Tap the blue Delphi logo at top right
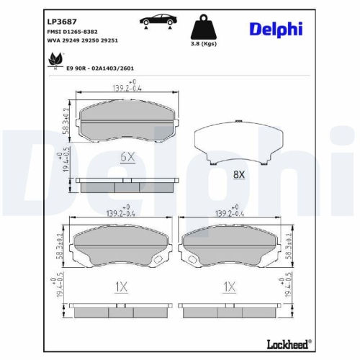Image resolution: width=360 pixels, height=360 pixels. coord(276,30)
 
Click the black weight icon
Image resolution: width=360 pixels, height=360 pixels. coord(203,29)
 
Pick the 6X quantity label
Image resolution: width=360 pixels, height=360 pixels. coord(127,156)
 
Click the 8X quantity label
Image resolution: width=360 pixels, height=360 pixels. coord(239,174)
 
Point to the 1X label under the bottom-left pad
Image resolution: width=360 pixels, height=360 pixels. coord(120,287)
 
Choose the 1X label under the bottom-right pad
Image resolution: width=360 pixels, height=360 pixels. coord(229,287)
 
